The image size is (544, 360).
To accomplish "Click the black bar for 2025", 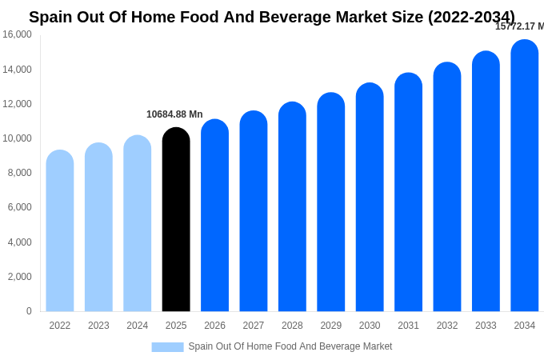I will click(176, 220).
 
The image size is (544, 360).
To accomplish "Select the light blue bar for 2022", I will click(60, 231).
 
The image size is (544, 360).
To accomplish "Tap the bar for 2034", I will click(525, 176).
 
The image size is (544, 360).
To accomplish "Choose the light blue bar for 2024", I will click(138, 224).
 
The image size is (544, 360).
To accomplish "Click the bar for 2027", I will click(254, 212).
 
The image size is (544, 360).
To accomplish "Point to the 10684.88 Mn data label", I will click(174, 114).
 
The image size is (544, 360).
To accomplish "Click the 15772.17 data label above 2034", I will click(519, 26).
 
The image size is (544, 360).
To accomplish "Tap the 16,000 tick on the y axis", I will click(17, 34).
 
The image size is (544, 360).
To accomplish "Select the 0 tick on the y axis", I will click(29, 311).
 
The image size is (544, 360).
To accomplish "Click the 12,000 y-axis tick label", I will click(17, 104).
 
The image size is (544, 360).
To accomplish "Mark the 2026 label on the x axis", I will click(214, 326).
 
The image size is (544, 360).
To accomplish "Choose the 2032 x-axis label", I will click(447, 326).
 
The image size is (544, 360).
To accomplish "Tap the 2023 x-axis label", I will click(98, 326).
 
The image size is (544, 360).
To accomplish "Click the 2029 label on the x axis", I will click(331, 326).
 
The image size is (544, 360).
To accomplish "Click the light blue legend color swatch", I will click(167, 347).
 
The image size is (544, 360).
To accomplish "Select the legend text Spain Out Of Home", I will click(290, 346).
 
